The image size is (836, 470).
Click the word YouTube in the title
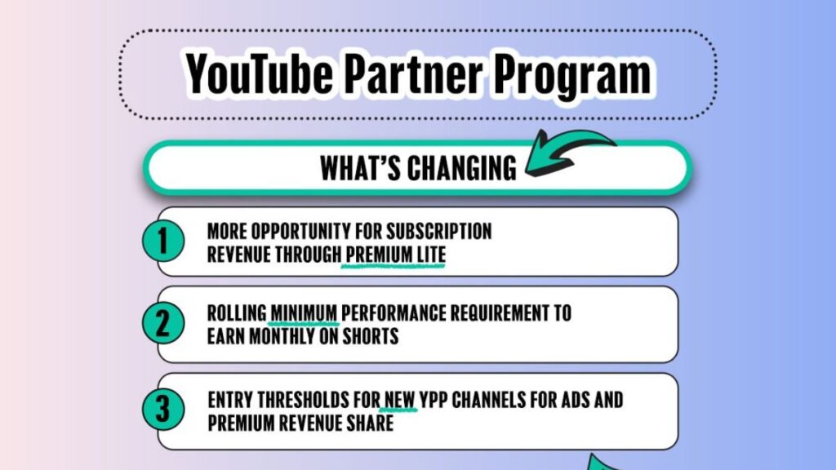pos(260,74)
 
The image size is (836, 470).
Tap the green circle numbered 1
pos(163,241)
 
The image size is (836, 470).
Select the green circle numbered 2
pos(163,323)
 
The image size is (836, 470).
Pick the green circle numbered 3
pos(163,410)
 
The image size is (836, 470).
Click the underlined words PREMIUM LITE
pos(395,255)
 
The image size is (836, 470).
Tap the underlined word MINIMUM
pos(304,313)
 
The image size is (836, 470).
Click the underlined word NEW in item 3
pos(399,400)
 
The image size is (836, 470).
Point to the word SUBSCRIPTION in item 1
pos(438,231)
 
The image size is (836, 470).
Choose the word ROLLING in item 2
pos(237,313)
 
